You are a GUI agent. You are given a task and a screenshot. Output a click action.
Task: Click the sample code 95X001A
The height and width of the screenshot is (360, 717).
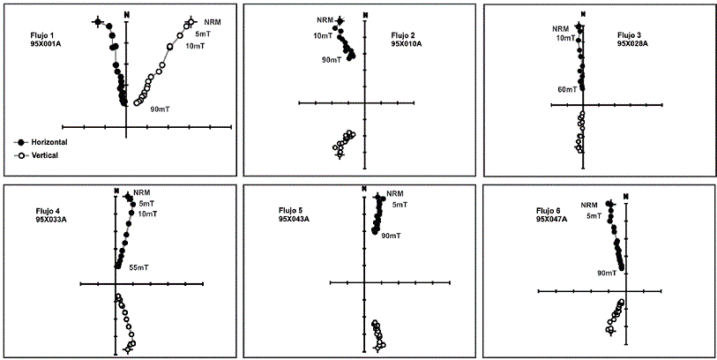tap(46, 43)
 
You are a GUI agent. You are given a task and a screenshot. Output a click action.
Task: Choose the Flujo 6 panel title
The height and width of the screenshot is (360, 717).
tap(549, 210)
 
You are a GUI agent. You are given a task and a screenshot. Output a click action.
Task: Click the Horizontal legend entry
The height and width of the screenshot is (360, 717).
tap(44, 141)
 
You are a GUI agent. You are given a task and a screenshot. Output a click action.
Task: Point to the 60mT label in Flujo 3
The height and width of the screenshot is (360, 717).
tap(567, 89)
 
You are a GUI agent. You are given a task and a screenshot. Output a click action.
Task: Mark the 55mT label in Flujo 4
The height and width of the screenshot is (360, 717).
tap(138, 266)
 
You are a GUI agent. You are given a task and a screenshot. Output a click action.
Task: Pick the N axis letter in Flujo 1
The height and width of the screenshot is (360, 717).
tap(128, 15)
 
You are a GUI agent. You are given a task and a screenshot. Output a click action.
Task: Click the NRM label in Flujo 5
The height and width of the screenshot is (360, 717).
tap(394, 194)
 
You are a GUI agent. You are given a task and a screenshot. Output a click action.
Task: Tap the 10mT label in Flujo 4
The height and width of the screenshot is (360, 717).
tap(148, 214)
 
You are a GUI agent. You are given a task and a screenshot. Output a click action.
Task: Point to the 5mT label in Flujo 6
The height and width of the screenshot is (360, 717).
tap(594, 215)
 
